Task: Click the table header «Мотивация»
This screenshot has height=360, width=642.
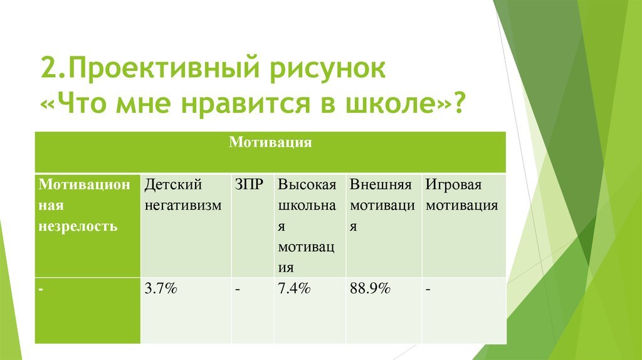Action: [x=270, y=142]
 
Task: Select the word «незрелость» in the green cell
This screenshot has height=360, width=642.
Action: [x=78, y=226]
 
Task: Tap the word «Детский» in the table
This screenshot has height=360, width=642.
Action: [x=174, y=184]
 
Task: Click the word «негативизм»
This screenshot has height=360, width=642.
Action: [x=183, y=205]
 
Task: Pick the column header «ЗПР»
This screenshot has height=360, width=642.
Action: [x=249, y=184]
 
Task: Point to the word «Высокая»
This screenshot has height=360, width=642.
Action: [x=307, y=184]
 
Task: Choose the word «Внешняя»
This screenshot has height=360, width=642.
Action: [x=381, y=184]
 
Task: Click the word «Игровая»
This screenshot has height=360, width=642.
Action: [x=454, y=185]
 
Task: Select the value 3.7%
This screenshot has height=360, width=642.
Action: [x=161, y=289]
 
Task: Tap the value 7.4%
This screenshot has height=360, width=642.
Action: [x=294, y=289]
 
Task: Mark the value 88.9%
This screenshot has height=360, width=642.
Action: [x=370, y=289]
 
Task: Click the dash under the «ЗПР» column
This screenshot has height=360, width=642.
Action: [x=238, y=290]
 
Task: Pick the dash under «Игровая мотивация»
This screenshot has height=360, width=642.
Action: [x=428, y=290]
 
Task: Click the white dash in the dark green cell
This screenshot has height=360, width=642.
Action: [x=41, y=290]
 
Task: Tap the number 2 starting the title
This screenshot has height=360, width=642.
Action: [x=49, y=68]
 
